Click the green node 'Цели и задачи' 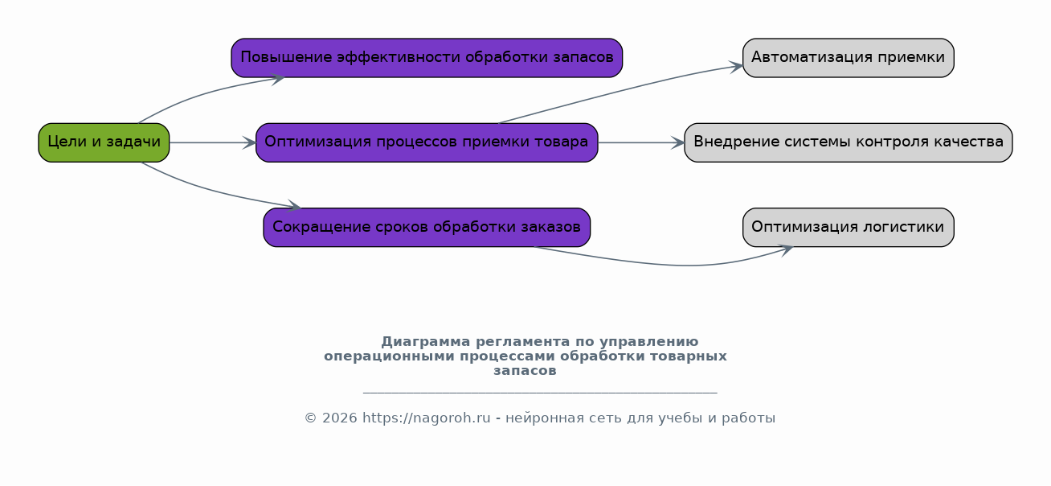(x=104, y=142)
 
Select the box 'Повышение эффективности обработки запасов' (x=427, y=58)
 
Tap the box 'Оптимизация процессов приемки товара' (x=427, y=142)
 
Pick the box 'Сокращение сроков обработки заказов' (x=427, y=228)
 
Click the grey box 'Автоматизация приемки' (x=849, y=58)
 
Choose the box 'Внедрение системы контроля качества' (x=849, y=142)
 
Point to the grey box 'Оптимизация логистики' (x=849, y=228)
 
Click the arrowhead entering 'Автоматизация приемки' (x=736, y=67)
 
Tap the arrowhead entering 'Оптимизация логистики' (x=786, y=250)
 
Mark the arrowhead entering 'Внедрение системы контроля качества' (x=678, y=142)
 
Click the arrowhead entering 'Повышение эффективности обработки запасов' (x=278, y=79)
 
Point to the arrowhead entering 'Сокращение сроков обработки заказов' (x=294, y=205)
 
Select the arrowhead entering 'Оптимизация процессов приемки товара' (x=249, y=142)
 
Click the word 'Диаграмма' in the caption (x=426, y=342)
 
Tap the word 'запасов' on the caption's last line (x=525, y=371)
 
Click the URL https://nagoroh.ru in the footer (x=427, y=418)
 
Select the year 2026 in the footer (x=340, y=418)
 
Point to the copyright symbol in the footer (x=311, y=418)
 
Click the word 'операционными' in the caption (x=389, y=356)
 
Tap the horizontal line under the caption (x=540, y=393)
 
